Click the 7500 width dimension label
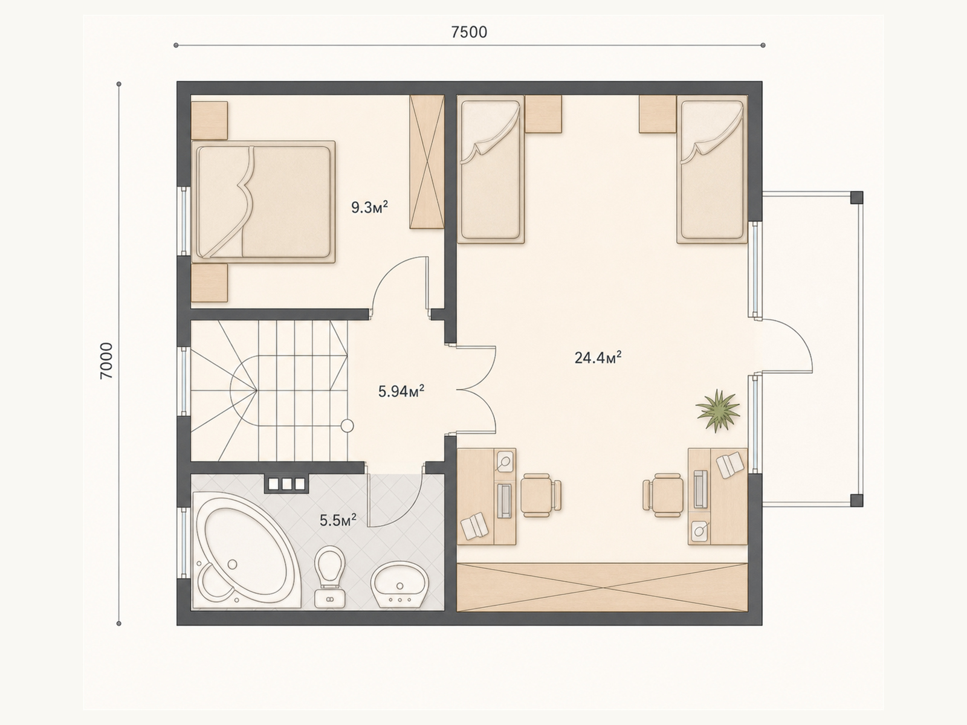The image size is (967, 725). [469, 32]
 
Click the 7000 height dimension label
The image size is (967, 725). [106, 361]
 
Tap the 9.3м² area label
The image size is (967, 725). [370, 207]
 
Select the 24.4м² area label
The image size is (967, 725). [598, 358]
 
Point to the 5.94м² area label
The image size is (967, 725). [401, 391]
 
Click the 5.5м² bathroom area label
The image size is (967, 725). [338, 520]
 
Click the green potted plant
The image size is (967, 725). [717, 411]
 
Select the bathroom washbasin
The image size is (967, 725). [399, 584]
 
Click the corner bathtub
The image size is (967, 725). [246, 550]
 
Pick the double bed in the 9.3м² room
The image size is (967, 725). [264, 202]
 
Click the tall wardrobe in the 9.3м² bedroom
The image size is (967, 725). [427, 161]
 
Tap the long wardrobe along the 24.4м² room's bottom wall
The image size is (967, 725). [602, 587]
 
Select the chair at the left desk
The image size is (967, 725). [540, 495]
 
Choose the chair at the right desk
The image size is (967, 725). [664, 495]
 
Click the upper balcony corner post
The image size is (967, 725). [856, 197]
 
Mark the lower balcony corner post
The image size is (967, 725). [856, 500]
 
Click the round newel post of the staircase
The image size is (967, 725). [348, 426]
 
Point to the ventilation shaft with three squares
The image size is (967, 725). [287, 484]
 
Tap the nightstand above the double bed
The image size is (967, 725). [209, 120]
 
